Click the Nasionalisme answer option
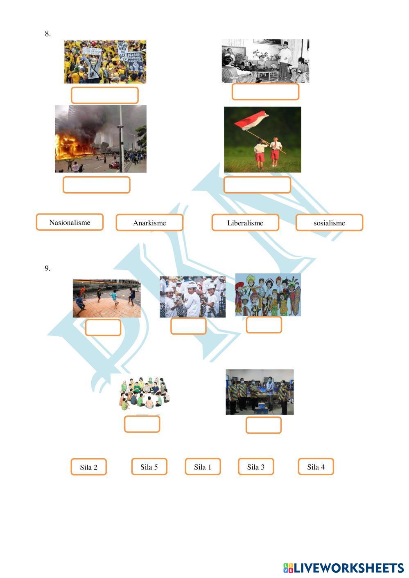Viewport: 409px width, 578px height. (70, 222)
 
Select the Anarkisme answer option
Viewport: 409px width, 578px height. (149, 223)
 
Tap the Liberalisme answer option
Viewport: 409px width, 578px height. (245, 223)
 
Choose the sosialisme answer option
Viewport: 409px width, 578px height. (329, 223)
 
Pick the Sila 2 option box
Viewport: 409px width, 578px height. (88, 467)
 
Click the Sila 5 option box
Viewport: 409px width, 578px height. (149, 466)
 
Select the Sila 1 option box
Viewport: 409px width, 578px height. (203, 466)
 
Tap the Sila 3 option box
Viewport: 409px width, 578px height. (256, 466)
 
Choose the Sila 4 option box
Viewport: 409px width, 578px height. (316, 466)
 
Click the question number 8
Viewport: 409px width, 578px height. (47, 34)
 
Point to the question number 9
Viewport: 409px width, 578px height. (47, 268)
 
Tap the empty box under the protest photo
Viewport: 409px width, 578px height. (105, 95)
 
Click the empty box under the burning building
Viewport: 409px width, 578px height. (97, 185)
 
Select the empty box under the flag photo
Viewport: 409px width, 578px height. (257, 185)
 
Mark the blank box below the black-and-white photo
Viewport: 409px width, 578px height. (265, 92)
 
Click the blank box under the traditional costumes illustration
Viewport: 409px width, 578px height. (264, 325)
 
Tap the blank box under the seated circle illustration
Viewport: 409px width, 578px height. (142, 424)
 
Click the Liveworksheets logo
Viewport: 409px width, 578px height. (343, 568)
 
